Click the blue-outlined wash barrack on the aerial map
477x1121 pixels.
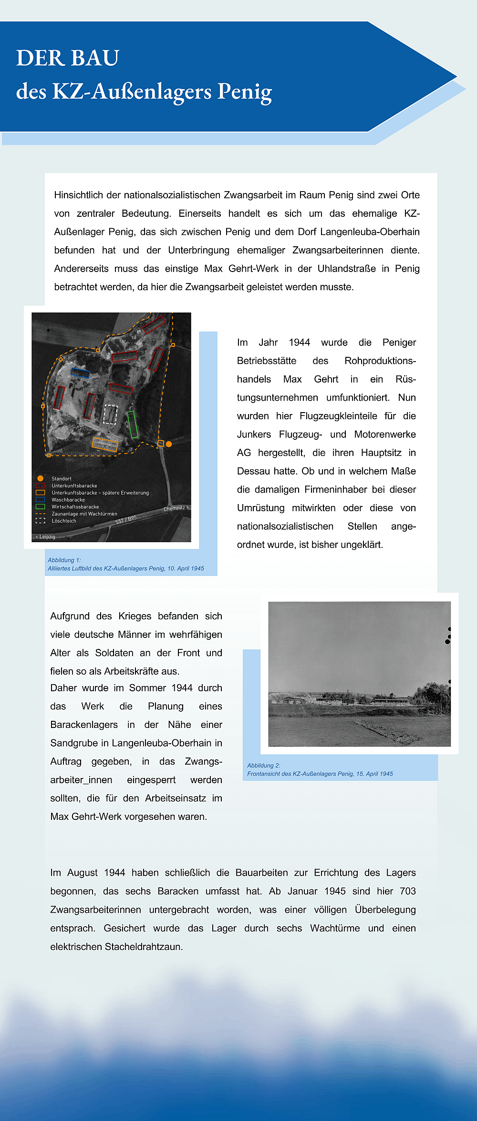80,373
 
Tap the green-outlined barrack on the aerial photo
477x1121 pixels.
133,424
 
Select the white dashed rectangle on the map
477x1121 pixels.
110,414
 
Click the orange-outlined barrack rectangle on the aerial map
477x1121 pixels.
104,444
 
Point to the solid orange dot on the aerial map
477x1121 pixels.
169,444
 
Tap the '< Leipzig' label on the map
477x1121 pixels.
45,537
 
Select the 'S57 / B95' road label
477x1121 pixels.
126,520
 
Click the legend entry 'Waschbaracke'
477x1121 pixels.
68,500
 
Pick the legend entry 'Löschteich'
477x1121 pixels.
64,521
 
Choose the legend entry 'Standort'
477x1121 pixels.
62,478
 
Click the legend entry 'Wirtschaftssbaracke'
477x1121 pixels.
75,507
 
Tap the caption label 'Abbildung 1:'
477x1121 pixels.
64,560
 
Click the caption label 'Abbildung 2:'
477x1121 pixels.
264,766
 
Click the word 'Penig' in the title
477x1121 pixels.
244,91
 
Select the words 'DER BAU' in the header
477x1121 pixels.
68,58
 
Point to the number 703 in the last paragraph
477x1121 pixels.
408,891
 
